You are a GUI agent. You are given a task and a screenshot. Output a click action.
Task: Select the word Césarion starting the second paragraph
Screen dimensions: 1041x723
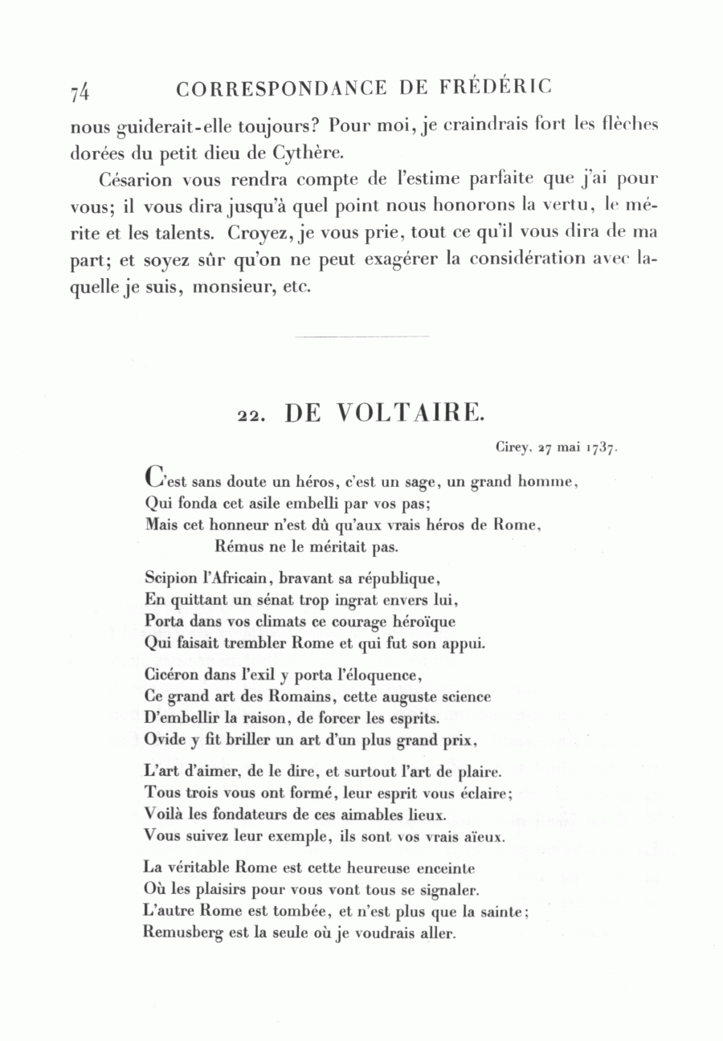pos(132,178)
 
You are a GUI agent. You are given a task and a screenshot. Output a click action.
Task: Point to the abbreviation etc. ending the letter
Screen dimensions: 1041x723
pos(296,288)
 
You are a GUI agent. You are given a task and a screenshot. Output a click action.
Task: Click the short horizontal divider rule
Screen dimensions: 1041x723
pos(361,337)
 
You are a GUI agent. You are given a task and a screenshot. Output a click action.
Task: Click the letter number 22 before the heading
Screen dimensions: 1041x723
pos(248,416)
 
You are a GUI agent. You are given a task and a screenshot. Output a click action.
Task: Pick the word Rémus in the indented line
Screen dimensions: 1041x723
pos(236,548)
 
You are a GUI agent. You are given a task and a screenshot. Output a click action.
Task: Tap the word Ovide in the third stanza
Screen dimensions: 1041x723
pos(165,741)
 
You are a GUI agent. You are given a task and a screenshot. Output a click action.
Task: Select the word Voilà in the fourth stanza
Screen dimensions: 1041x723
pos(162,814)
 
